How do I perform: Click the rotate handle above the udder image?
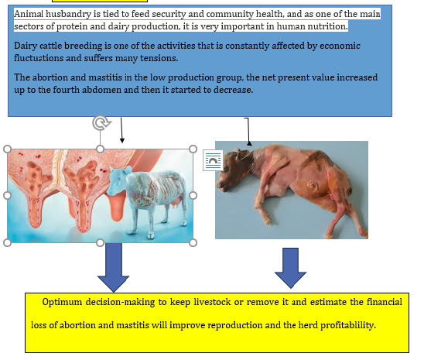[x=100, y=123]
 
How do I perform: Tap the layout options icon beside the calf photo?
[x=212, y=160]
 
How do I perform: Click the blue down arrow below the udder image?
[x=115, y=263]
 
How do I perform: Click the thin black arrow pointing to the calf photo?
[x=248, y=132]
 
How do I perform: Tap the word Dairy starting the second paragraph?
[x=27, y=46]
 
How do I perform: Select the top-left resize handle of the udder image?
[x=8, y=149]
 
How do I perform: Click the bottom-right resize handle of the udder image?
[x=193, y=242]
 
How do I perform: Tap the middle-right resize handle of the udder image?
[x=193, y=195]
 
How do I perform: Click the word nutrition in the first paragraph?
[x=325, y=26]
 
